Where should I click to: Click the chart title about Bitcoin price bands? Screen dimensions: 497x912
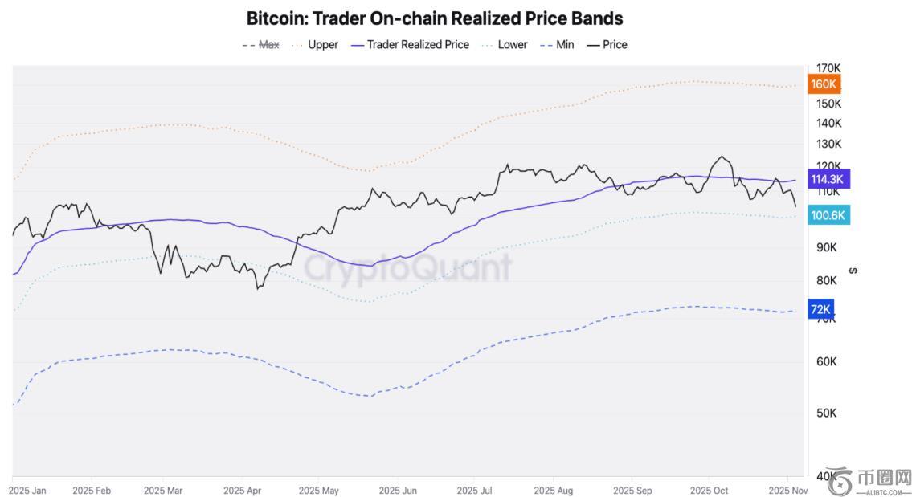[x=434, y=18]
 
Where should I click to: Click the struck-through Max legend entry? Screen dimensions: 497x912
[x=261, y=45]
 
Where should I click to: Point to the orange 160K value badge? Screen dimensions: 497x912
[x=824, y=84]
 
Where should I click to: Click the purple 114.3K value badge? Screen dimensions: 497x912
[x=827, y=179]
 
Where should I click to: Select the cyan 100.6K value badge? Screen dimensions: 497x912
[x=827, y=215]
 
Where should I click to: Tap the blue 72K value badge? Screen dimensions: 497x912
[x=820, y=309]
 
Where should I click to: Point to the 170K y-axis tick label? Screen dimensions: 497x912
[x=828, y=68]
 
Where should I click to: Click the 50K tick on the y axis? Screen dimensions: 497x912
[x=825, y=413]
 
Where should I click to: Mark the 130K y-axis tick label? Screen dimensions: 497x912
[x=828, y=144]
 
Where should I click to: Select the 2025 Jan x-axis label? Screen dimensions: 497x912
[x=28, y=490]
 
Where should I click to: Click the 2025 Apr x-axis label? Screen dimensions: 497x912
[x=242, y=490]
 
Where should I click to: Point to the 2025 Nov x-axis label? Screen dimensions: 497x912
[x=787, y=490]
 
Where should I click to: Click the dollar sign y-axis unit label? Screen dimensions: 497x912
[x=853, y=271]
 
